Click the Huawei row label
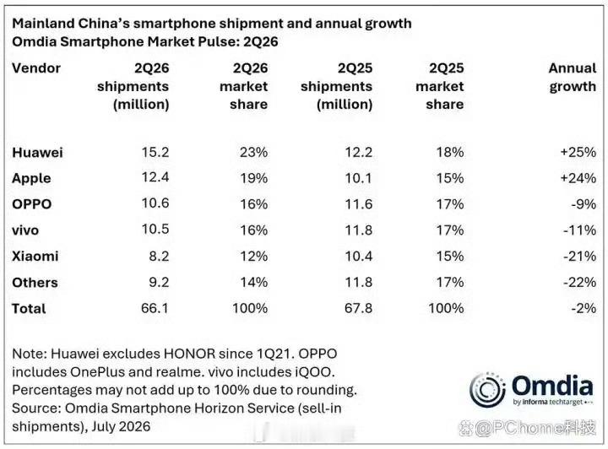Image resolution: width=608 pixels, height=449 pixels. point(37,152)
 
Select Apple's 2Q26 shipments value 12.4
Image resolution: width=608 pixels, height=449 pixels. point(155,177)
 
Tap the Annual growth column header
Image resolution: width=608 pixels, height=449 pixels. point(573,77)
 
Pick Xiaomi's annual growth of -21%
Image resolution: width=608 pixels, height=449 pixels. point(579,256)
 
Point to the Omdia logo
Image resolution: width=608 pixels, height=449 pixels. point(531,390)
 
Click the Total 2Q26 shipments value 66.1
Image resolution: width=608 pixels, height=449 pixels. point(155,308)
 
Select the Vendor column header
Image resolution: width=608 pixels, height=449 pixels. point(36,68)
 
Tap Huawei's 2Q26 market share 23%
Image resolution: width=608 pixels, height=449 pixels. point(253,152)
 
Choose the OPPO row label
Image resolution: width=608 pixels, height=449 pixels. point(32,204)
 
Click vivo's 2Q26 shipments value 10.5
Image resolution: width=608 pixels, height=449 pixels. point(155,230)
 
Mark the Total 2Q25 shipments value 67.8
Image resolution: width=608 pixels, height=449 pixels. point(358,308)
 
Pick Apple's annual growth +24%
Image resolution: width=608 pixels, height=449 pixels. point(578,178)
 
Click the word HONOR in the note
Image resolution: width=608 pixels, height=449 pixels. point(189,354)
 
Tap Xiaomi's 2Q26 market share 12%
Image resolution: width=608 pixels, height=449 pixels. point(253,256)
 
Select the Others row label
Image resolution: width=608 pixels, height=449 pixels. point(35,283)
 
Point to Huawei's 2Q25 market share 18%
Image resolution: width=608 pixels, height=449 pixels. point(450,152)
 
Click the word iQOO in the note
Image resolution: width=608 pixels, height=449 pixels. point(314,372)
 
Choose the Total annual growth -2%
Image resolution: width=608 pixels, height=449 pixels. point(584,308)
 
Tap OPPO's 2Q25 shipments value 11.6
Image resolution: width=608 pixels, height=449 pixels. point(359,204)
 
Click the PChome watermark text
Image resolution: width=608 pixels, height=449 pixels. point(527,429)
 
